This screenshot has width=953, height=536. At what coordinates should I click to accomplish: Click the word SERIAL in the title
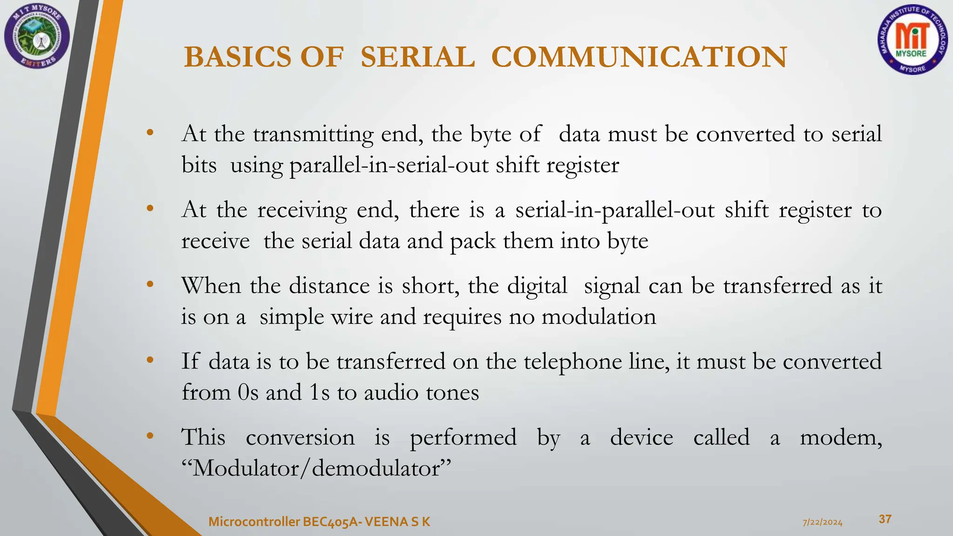pyautogui.click(x=417, y=57)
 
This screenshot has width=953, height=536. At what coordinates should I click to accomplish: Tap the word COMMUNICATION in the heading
pyautogui.click(x=638, y=57)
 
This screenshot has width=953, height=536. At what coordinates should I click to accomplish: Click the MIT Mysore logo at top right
pyautogui.click(x=912, y=43)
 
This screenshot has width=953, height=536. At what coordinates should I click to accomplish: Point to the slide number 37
pyautogui.click(x=885, y=519)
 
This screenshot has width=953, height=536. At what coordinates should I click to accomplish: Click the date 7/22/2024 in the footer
pyautogui.click(x=822, y=522)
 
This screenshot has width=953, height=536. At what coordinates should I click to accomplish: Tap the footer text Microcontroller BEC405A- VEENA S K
pyautogui.click(x=319, y=522)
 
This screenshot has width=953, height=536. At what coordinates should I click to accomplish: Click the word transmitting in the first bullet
pyautogui.click(x=313, y=134)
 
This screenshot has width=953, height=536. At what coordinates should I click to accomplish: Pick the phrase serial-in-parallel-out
pyautogui.click(x=615, y=210)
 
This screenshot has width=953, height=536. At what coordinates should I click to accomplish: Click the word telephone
pyautogui.click(x=573, y=362)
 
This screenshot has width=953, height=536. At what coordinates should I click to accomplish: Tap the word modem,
pyautogui.click(x=840, y=438)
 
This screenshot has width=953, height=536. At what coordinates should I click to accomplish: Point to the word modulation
pyautogui.click(x=599, y=317)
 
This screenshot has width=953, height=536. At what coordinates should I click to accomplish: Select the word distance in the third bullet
pyautogui.click(x=329, y=286)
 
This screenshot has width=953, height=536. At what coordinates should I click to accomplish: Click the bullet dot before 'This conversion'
pyautogui.click(x=150, y=436)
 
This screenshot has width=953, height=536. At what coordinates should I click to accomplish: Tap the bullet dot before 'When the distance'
pyautogui.click(x=150, y=284)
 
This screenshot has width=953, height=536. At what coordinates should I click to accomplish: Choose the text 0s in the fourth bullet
pyautogui.click(x=248, y=393)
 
